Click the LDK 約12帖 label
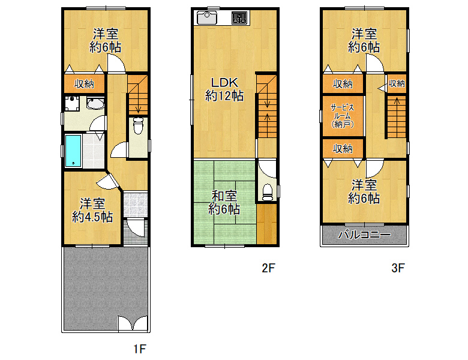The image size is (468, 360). (x=224, y=89)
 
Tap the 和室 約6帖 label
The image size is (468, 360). (x=224, y=203)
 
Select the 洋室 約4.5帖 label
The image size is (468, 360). (x=92, y=210)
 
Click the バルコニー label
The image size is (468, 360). (x=364, y=235)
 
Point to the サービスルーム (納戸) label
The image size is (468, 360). (x=343, y=116)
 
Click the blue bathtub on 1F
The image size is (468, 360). (x=73, y=151)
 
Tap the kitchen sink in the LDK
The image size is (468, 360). (x=207, y=18)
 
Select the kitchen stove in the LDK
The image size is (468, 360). (x=239, y=18)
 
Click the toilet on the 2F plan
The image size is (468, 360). (x=268, y=192)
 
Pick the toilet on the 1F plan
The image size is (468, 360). (x=138, y=125)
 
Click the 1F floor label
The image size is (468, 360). (x=139, y=349)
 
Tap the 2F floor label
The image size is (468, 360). (x=268, y=268)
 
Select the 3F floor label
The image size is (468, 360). (x=398, y=268)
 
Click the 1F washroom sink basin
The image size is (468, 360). (x=95, y=103)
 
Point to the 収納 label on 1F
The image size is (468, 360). (x=84, y=84)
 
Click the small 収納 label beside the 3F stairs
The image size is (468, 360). (x=397, y=83)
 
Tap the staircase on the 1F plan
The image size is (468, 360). (x=137, y=95)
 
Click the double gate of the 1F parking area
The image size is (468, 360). (x=133, y=323)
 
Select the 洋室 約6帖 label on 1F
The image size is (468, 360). (x=106, y=41)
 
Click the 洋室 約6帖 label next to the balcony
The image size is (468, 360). (x=364, y=191)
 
